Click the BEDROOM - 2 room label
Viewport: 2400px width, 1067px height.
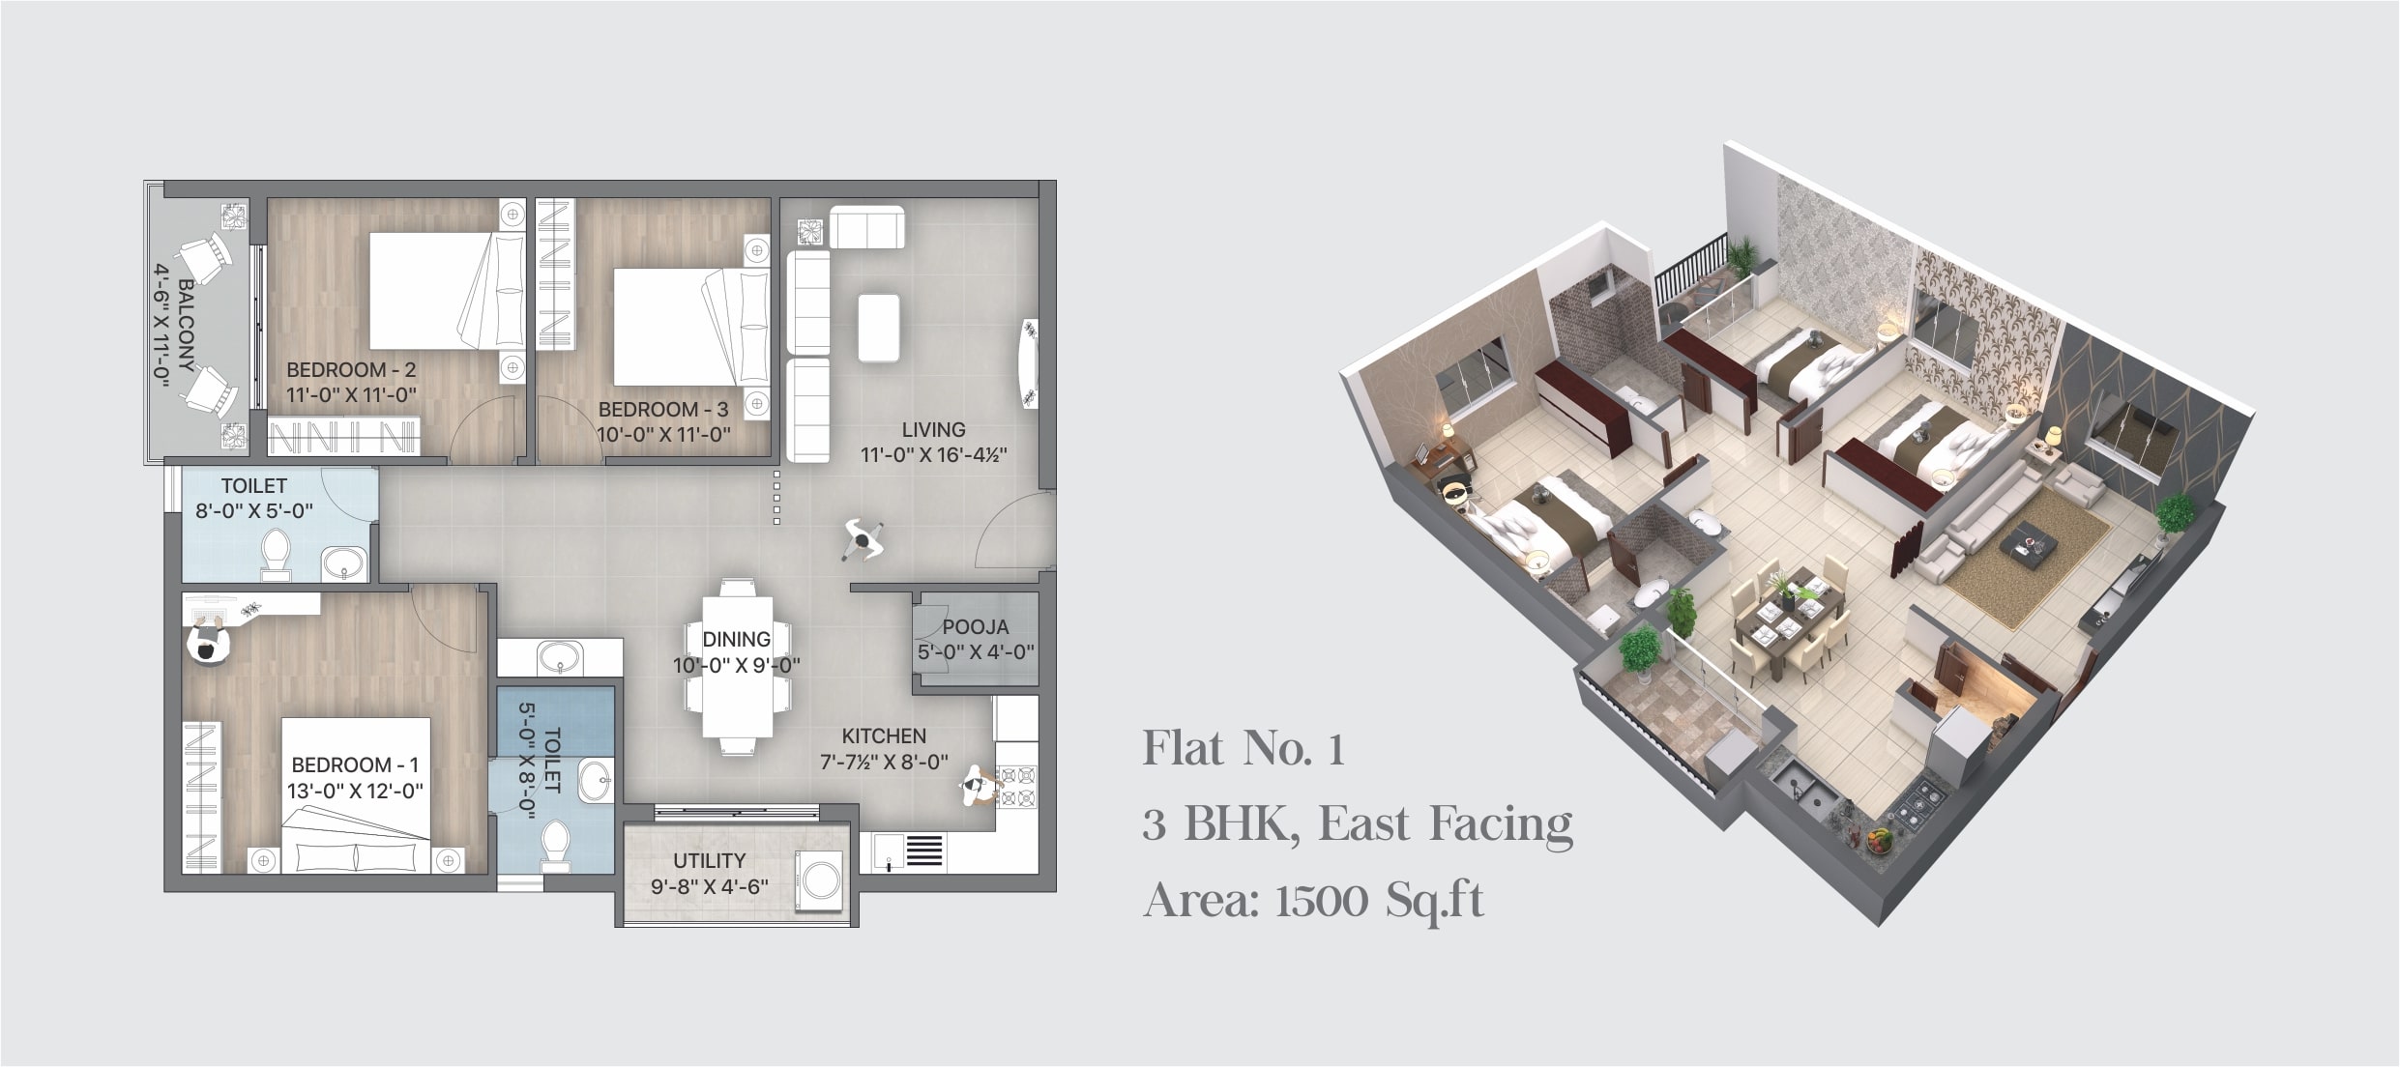pos(351,369)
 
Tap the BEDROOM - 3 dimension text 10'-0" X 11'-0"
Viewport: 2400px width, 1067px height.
pos(663,435)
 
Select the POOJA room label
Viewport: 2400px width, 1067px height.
pos(976,627)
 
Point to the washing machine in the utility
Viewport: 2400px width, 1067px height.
pos(818,880)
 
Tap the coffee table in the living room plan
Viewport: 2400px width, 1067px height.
pos(879,329)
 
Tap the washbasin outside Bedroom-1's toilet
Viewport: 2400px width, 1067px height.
pos(560,658)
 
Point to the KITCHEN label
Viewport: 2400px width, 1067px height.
pos(884,736)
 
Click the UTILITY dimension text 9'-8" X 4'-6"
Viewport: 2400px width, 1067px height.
pos(710,886)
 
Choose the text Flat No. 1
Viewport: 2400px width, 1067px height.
pos(1244,749)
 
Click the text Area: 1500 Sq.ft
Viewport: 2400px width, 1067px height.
pos(1313,901)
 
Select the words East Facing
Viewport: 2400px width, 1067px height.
pos(1446,824)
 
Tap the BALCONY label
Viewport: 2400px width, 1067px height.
pos(186,326)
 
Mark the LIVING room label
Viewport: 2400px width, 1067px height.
pos(933,429)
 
